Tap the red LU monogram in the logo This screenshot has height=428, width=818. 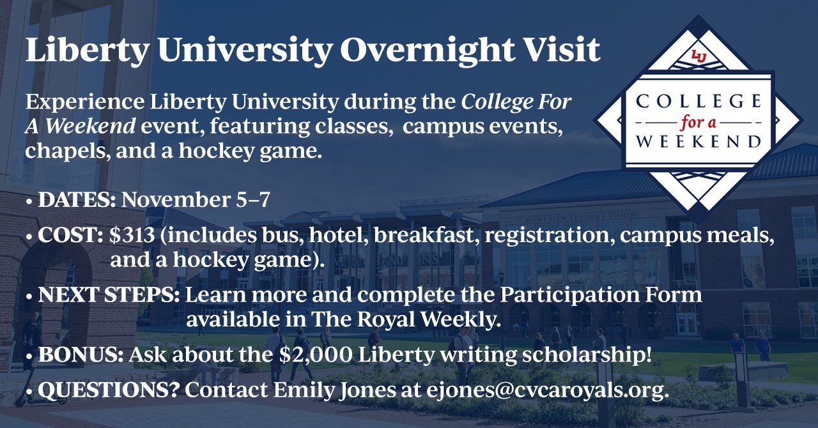(698, 57)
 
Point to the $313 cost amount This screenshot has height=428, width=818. (132, 235)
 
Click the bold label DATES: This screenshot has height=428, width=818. (77, 200)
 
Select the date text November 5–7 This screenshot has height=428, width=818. (196, 200)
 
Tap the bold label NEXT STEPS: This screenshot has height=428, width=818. (109, 294)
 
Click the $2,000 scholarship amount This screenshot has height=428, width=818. (316, 355)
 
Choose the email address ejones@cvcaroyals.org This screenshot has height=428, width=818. (548, 390)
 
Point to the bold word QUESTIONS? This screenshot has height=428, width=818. (109, 390)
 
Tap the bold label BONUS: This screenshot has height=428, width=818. (81, 355)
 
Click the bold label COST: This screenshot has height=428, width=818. (70, 235)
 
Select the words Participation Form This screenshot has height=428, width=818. (601, 295)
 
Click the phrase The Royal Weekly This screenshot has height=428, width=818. (406, 319)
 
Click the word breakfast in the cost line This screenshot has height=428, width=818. (423, 235)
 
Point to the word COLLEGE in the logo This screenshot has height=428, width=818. (698, 101)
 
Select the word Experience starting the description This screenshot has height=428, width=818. (85, 102)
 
